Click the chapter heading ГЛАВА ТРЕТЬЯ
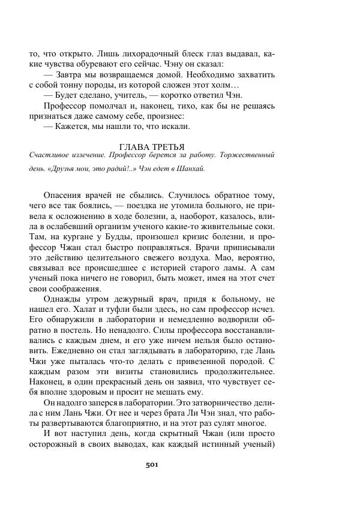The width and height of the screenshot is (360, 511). [152, 146]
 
